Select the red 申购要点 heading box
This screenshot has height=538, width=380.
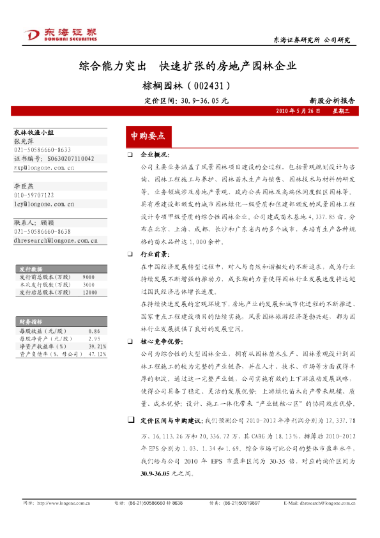tap(148, 136)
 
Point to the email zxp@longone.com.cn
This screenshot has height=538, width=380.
tap(44, 168)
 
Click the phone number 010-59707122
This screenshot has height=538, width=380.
tap(34, 195)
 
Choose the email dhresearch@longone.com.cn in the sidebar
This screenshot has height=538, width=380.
tap(55, 241)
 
